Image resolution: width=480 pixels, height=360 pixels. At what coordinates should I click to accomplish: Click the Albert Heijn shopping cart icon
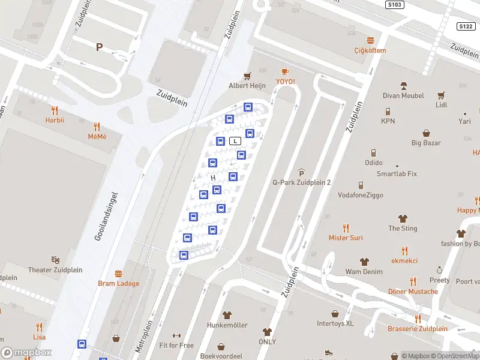(x=247, y=76)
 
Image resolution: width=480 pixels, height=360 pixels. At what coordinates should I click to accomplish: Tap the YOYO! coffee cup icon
(x=285, y=72)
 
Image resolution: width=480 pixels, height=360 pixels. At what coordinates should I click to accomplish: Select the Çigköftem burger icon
(x=370, y=41)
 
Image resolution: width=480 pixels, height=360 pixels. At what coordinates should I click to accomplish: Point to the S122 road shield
(x=466, y=26)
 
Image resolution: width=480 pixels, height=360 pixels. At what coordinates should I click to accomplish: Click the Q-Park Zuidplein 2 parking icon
(x=302, y=173)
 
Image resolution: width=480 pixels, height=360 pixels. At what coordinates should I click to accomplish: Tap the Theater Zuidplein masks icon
(x=55, y=260)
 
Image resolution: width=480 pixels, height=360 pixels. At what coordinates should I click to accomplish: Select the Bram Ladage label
(x=119, y=283)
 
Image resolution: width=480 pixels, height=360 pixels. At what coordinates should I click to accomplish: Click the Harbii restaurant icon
(x=55, y=110)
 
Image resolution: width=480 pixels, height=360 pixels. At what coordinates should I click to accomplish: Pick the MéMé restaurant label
(x=97, y=136)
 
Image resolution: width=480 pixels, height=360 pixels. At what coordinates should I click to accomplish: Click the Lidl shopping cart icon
(x=442, y=95)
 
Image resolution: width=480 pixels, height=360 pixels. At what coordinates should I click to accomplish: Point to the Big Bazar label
(x=426, y=143)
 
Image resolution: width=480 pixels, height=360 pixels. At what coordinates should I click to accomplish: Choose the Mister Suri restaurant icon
(x=346, y=228)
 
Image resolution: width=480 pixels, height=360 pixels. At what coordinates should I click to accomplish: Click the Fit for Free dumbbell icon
(x=176, y=336)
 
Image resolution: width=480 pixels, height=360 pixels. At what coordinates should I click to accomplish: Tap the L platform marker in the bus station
(x=236, y=141)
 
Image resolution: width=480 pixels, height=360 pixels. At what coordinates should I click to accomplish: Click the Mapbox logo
(x=27, y=353)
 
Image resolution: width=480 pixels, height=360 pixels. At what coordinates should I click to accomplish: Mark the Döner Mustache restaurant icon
(x=413, y=281)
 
